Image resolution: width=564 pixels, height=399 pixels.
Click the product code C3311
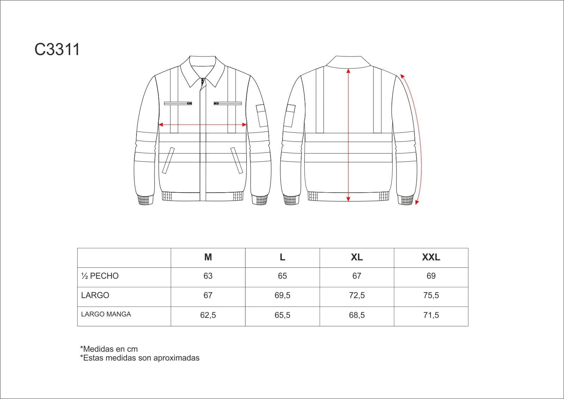click(x=57, y=49)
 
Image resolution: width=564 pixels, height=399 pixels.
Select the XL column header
click(x=357, y=257)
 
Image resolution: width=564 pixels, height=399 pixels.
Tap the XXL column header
click(x=431, y=257)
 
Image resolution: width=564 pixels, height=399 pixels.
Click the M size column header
click(x=208, y=257)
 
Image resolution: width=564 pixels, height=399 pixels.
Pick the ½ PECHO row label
click(x=100, y=276)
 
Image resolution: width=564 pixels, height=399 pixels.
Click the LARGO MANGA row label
click(x=106, y=314)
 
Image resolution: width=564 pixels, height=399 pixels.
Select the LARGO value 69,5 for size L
click(x=282, y=295)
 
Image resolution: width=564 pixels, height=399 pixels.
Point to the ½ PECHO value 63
click(x=208, y=276)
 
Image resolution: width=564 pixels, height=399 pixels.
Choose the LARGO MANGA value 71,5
click(x=431, y=315)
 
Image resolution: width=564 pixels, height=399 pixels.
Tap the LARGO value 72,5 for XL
click(x=357, y=295)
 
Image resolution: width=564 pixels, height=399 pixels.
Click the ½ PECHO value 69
click(x=431, y=276)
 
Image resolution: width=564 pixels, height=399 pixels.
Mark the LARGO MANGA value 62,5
click(x=208, y=315)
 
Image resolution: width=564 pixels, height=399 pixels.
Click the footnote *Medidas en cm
click(x=109, y=349)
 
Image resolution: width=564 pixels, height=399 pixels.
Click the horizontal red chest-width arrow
click(x=202, y=125)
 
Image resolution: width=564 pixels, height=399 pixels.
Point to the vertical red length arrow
click(x=348, y=135)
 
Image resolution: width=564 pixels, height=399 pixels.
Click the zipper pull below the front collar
click(x=202, y=81)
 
